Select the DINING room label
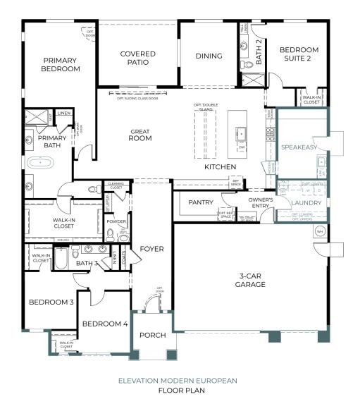(209, 56)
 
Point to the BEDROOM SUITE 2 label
(299, 54)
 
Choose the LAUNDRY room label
(306, 203)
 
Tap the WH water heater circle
(319, 231)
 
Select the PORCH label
(151, 336)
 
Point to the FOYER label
(151, 249)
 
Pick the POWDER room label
(116, 221)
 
